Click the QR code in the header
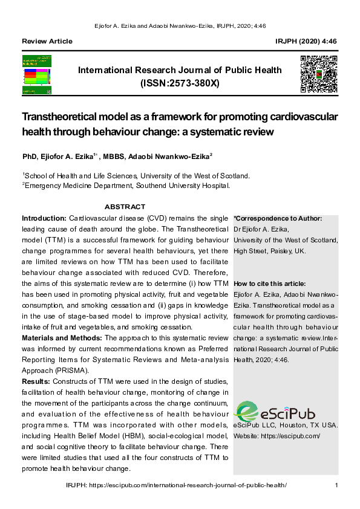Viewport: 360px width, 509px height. [x=318, y=73]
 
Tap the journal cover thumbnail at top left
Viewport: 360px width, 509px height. [x=37, y=74]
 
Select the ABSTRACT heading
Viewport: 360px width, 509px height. [x=125, y=207]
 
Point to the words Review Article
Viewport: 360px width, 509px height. [x=47, y=41]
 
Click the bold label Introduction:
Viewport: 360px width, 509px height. [x=44, y=217]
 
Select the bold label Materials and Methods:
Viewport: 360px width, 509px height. [x=62, y=337]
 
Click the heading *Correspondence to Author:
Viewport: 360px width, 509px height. [x=278, y=218]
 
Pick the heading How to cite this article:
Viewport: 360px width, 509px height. [x=269, y=284]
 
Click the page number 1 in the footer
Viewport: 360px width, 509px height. [x=336, y=485]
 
